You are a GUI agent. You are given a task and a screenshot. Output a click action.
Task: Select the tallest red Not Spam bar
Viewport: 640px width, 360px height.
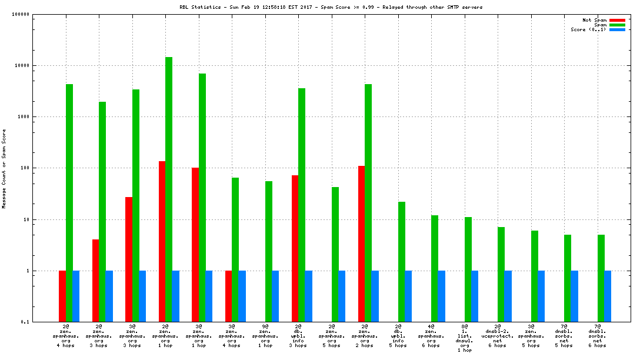point(162,241)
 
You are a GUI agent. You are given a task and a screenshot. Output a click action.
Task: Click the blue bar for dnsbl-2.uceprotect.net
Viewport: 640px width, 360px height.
point(508,296)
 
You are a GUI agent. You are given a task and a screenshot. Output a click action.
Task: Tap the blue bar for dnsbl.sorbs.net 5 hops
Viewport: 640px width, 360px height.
point(575,296)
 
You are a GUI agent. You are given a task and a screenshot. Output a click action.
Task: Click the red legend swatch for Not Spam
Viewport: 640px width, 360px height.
point(617,20)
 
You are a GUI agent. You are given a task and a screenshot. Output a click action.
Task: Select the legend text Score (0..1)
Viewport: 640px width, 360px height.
point(589,29)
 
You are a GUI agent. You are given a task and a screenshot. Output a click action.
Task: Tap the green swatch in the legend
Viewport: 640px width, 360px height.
point(617,25)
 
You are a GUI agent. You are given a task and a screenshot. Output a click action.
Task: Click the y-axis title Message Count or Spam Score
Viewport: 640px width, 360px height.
point(5,168)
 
